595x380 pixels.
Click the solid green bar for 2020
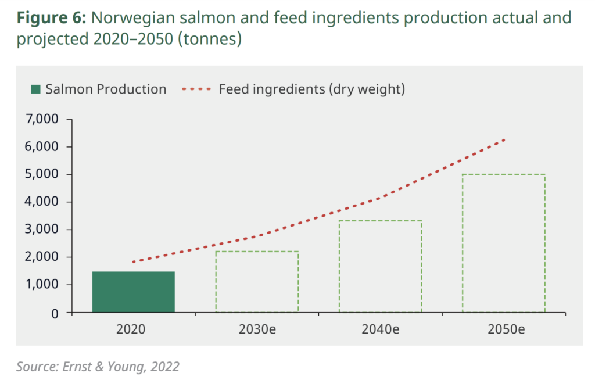[133, 292]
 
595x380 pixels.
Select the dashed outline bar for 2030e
[257, 282]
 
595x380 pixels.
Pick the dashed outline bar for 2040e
[380, 266]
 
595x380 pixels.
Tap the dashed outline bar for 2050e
[503, 243]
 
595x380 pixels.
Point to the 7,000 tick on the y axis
[43, 119]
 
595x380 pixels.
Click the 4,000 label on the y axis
[43, 202]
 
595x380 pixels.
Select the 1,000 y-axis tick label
[43, 285]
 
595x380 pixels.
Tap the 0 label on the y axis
[55, 313]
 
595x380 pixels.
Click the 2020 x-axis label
[133, 328]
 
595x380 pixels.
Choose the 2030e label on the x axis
[257, 328]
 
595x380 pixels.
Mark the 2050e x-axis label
[503, 328]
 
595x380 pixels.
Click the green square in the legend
[36, 89]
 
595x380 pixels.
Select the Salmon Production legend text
[106, 89]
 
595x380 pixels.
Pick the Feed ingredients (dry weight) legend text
[311, 89]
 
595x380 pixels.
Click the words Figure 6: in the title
[51, 18]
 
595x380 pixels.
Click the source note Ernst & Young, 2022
[98, 367]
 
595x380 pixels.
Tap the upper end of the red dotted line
[504, 139]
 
